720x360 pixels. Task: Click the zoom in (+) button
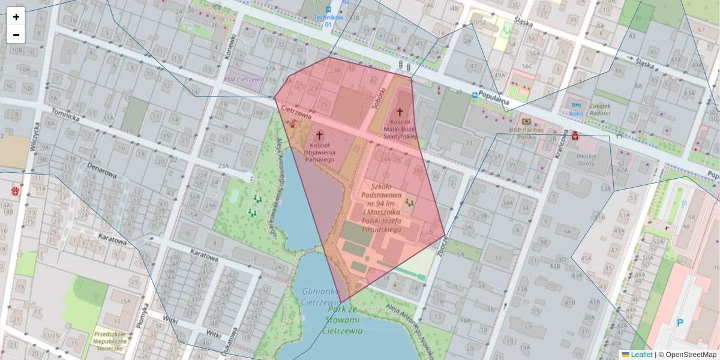(16, 17)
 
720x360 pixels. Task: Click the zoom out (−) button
(16, 35)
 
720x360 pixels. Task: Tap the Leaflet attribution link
(641, 355)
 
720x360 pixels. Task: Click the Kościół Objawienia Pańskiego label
(319, 152)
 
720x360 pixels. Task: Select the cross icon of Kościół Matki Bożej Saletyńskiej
(400, 112)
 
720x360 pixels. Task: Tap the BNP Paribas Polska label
(526, 133)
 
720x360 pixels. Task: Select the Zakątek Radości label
(591, 109)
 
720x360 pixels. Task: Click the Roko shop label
(576, 113)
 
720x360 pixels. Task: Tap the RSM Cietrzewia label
(244, 79)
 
